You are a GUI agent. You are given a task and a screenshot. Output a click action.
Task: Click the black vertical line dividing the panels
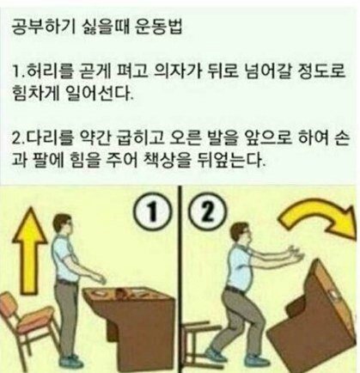tap(180, 279)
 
